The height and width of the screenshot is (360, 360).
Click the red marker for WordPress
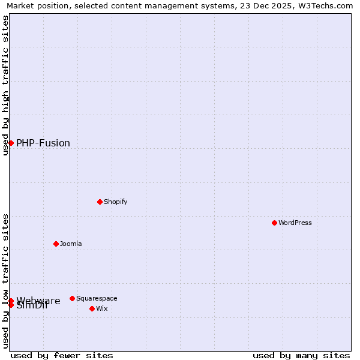coord(274,223)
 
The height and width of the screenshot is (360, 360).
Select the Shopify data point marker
coord(100,202)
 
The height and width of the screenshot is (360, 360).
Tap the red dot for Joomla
coord(56,244)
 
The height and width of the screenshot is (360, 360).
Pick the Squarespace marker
coord(72,298)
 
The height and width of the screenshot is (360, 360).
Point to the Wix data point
coord(92,308)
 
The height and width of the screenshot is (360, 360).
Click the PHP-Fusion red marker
coord(11,143)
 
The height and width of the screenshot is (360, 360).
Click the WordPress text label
coord(295,223)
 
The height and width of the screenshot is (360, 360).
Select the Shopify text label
coord(115,202)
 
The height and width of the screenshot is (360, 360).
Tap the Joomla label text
coord(71,244)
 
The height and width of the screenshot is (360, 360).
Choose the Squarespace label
coord(97,298)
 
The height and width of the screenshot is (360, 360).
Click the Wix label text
coord(102,308)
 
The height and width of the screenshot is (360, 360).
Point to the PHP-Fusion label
coord(43,143)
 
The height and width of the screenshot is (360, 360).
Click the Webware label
coord(38,300)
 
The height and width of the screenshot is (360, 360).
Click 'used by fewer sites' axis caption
coord(62,355)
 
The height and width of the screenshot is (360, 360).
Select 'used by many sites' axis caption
coord(301,355)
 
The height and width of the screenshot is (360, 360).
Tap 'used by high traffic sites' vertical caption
coord(5,85)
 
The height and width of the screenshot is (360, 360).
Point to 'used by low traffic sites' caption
coord(5,281)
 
